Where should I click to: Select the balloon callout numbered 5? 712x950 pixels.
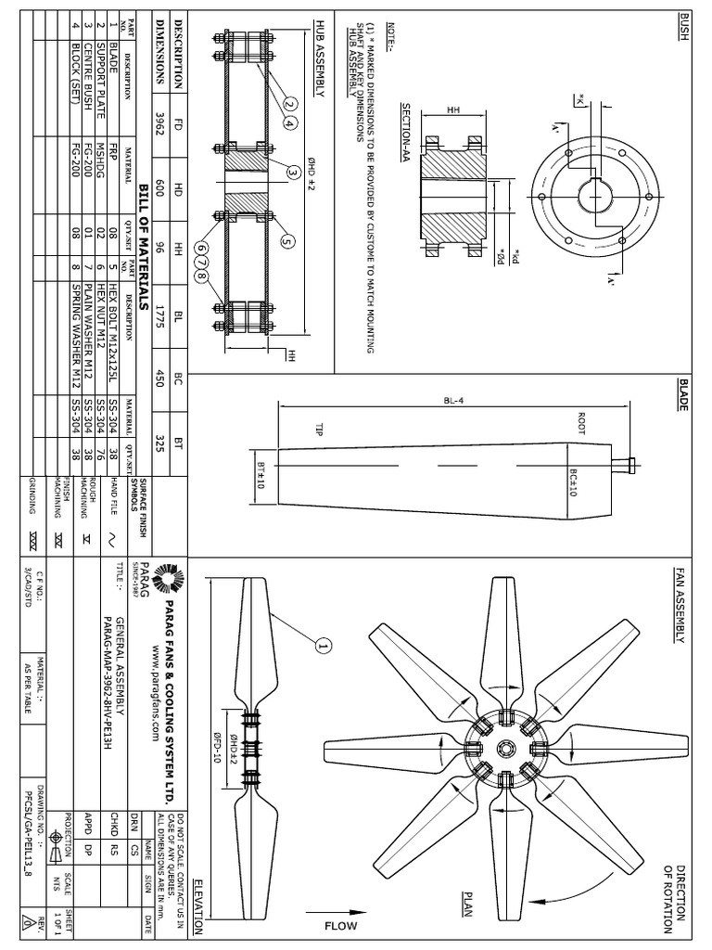[x=287, y=241]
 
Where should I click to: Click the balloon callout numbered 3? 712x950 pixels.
[x=293, y=172]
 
